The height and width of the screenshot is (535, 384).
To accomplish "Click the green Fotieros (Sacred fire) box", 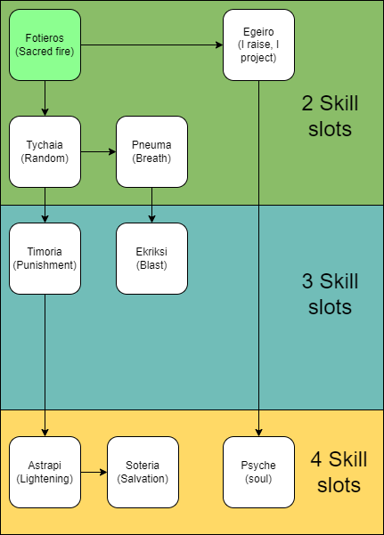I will (45, 45).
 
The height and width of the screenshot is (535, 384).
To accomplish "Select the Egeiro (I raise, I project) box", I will (258, 45).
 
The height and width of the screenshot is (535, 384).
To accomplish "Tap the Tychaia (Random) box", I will (45, 151).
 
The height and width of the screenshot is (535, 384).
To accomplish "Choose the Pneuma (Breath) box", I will (151, 151).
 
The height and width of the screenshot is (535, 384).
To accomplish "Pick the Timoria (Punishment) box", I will (45, 258).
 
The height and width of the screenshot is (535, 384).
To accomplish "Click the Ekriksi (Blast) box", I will (151, 258).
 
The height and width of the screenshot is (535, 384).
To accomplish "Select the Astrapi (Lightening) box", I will (45, 472).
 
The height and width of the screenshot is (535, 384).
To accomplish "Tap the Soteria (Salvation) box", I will (143, 472).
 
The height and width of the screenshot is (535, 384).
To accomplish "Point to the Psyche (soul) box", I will (258, 472).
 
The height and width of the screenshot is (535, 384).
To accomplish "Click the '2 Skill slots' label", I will (326, 116).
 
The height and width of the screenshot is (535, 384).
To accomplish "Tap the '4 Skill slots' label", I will (335, 472).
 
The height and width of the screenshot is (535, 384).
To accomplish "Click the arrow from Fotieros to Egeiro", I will (151, 45).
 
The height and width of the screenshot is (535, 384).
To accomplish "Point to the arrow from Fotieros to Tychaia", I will (45, 98).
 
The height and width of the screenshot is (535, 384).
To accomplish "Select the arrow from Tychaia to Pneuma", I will (98, 151).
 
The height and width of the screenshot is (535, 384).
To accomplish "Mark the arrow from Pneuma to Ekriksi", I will (151, 205).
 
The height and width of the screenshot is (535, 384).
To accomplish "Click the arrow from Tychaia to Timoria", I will (45, 205).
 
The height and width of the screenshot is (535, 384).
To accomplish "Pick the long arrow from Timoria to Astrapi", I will (45, 365).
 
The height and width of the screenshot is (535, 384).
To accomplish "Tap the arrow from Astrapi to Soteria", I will (94, 472).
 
